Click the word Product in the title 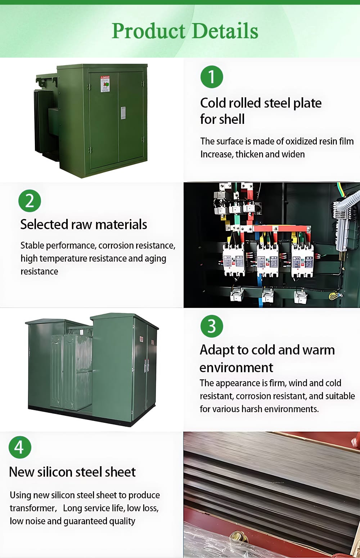point(148,31)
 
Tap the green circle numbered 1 point(212,77)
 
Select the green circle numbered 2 point(30,201)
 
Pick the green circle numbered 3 point(212,326)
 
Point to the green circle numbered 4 point(20,447)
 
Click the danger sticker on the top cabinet point(105,84)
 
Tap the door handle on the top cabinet point(123,113)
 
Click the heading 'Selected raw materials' point(84,224)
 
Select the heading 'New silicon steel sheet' point(72,472)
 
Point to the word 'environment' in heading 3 point(236,368)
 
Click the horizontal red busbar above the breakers point(281,228)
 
